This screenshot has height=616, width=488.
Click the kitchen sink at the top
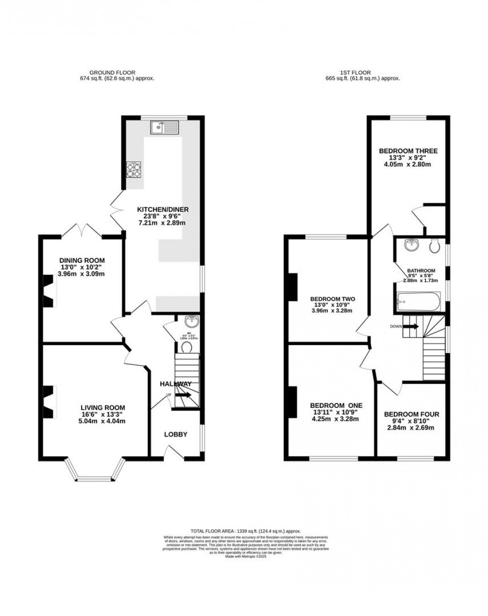coord(164,127)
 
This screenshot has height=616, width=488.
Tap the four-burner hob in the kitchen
coord(134,170)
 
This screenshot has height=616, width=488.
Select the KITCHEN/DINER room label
coord(163,209)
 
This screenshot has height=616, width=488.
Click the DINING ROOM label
coord(82,260)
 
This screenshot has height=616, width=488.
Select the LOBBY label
coord(176,434)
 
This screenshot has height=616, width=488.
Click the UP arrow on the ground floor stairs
coord(183,395)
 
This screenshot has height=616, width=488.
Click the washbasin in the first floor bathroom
coord(411,245)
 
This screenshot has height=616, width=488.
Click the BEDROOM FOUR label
coord(411,414)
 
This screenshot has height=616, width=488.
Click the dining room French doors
coord(81,230)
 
